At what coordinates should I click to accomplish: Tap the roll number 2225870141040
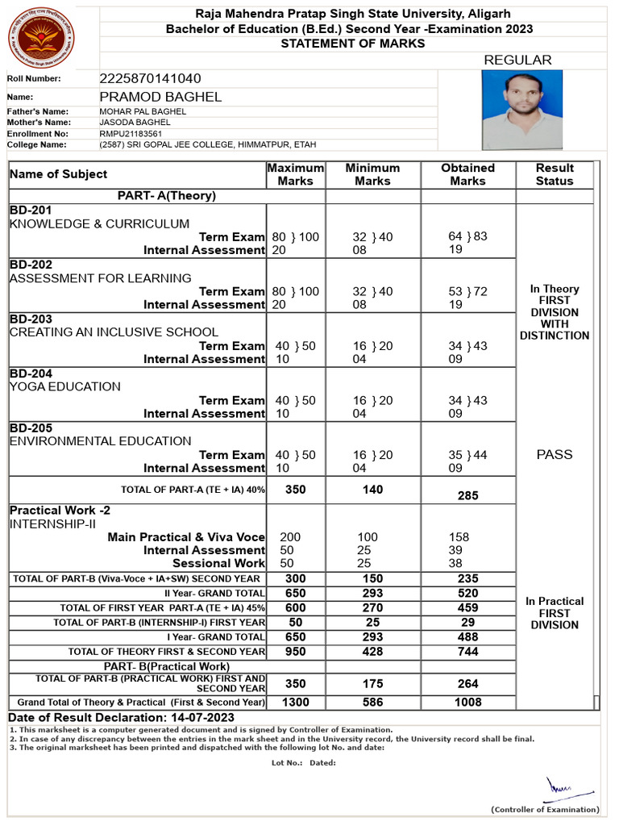150,78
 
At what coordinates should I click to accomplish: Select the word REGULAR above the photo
517,60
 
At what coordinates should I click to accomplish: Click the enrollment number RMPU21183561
131,133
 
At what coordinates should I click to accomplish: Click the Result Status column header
555,174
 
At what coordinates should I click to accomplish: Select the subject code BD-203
31,319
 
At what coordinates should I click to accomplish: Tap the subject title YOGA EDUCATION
65,386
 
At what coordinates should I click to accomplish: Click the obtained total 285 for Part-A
467,496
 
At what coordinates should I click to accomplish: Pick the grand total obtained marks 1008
467,703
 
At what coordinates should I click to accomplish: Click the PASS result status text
555,454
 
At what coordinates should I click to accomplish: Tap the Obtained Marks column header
467,174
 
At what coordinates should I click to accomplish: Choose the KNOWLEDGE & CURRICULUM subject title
100,223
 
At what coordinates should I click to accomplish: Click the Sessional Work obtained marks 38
456,563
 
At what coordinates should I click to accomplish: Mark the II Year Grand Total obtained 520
467,593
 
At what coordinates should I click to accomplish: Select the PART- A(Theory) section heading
166,195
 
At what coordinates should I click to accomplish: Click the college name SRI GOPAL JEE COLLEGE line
207,144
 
